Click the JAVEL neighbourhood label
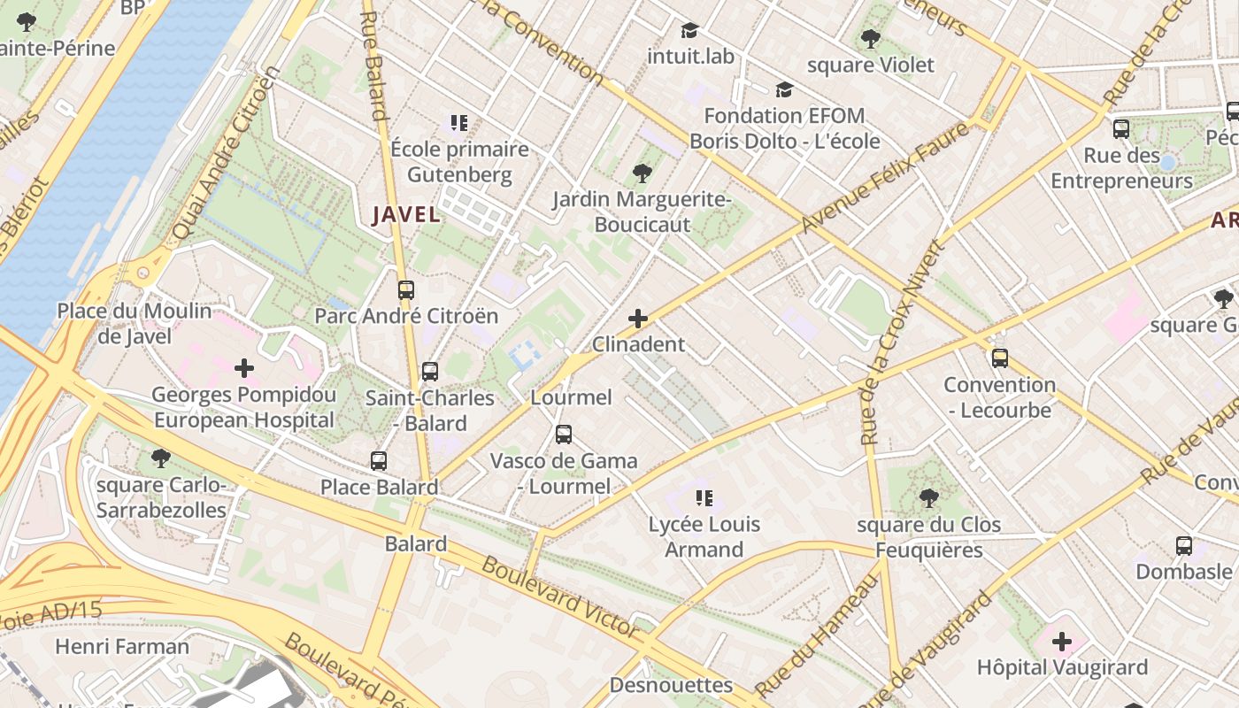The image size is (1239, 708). (x=406, y=214)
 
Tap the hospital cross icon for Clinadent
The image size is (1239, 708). (x=637, y=319)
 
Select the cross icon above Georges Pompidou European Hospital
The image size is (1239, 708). (x=244, y=367)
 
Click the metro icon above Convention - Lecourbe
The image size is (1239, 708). (x=1000, y=358)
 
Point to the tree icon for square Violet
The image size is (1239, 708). (x=870, y=39)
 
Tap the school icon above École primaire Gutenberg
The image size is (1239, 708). (x=458, y=123)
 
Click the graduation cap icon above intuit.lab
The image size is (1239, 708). (x=690, y=31)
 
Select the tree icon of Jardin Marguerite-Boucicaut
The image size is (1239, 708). (x=642, y=173)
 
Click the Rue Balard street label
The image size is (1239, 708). (x=374, y=65)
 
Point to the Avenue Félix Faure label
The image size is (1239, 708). (x=884, y=177)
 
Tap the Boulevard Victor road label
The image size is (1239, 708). (x=560, y=597)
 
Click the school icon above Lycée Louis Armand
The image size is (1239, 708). (x=704, y=498)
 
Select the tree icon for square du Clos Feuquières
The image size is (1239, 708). (x=928, y=498)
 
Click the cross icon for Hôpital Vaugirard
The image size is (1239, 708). (x=1062, y=641)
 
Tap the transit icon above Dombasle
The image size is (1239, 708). (x=1184, y=545)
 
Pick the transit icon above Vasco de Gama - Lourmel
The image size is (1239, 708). (x=564, y=435)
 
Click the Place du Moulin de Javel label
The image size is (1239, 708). (x=135, y=323)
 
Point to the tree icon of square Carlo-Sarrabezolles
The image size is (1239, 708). (x=160, y=458)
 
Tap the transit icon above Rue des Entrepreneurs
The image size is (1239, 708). (x=1121, y=129)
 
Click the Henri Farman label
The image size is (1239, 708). (x=122, y=646)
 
